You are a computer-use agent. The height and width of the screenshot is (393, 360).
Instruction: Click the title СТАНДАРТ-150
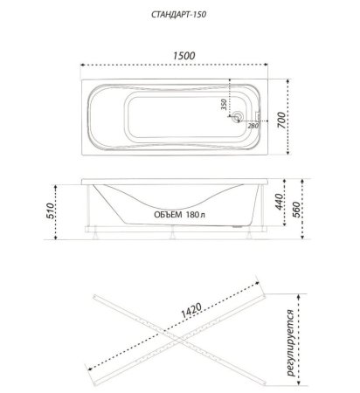[179, 15]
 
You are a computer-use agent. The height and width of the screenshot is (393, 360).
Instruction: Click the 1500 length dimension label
[183, 56]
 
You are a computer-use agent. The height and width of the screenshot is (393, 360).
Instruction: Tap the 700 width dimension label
[281, 120]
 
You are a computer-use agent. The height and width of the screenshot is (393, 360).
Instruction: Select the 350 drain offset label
[224, 104]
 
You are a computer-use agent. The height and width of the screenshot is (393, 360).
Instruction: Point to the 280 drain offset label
[253, 126]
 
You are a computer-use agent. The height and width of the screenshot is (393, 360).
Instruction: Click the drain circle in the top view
[239, 117]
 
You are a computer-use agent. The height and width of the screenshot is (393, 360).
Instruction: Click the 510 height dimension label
[50, 211]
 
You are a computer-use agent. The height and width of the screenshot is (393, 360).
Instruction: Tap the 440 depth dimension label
[279, 202]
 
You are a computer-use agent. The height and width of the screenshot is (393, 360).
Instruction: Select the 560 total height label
[295, 210]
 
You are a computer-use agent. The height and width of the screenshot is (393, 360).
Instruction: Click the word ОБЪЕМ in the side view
[168, 215]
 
